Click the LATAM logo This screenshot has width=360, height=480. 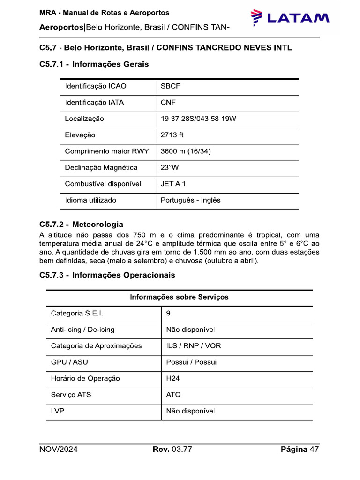pos(290,18)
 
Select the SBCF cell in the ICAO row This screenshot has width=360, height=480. pos(171,86)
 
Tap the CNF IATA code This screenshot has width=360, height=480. pos(169,103)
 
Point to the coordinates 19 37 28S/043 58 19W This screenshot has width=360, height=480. pos(198,119)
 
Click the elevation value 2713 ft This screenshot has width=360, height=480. pos(172,135)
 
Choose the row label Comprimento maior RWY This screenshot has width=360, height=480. pos(106,151)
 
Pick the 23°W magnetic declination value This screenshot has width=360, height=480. pos(170,167)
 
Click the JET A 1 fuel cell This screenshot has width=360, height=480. pos(173,184)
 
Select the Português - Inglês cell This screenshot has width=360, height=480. pos(190,200)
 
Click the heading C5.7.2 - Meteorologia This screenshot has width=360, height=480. pos(82,225)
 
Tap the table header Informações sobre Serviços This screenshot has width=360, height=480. pos(179,297)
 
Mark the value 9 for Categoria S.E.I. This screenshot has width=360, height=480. pos(168,313)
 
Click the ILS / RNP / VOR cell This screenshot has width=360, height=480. pos(193,346)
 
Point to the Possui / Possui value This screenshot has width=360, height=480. pos(191,362)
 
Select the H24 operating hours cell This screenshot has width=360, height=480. pos(173,378)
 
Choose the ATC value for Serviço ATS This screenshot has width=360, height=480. pos(173,395)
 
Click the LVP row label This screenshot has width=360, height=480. pos(58,411)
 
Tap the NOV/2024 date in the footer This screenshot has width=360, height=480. pos(59,450)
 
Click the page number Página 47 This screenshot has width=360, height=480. pos(300,450)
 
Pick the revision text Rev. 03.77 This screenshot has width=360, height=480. pos(172,450)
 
